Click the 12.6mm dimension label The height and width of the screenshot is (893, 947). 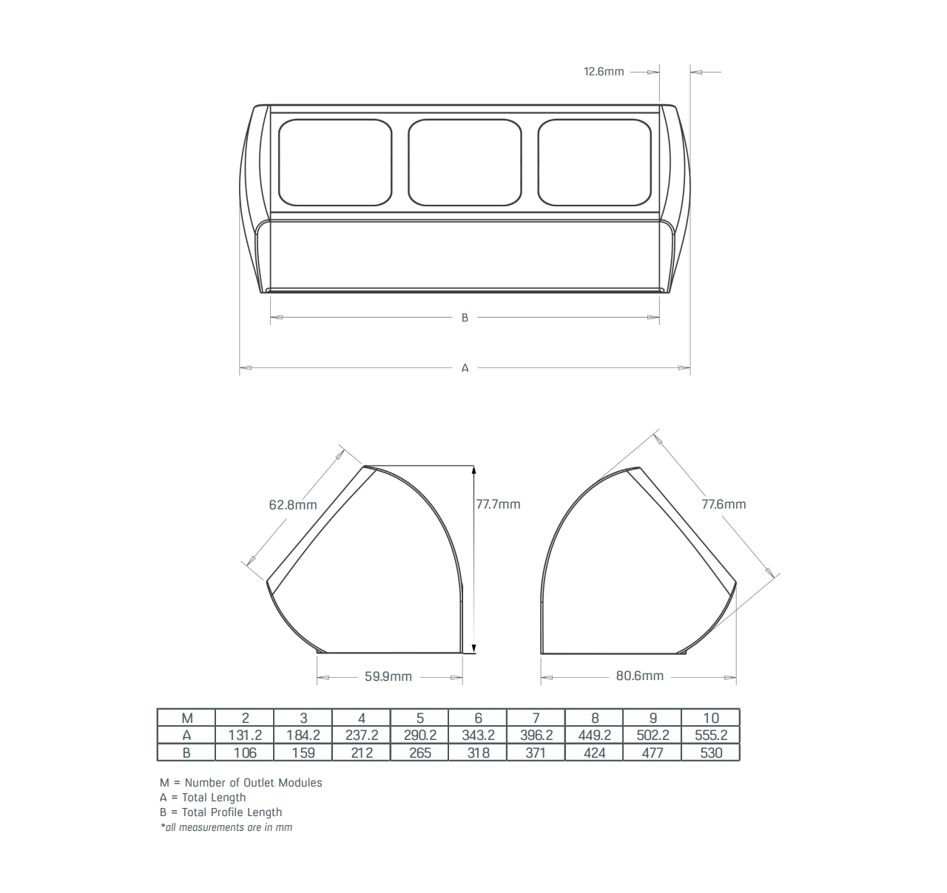tap(604, 72)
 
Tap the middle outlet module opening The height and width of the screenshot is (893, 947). tap(465, 163)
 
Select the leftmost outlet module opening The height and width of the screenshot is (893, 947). tap(335, 163)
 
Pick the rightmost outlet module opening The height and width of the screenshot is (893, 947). tap(595, 163)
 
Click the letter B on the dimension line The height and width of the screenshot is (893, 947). tap(465, 318)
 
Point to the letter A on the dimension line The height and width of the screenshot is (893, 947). tap(465, 368)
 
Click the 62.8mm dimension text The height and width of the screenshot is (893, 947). tap(293, 505)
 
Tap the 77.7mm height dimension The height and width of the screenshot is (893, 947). tap(498, 504)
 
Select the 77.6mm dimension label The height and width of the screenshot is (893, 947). tap(724, 504)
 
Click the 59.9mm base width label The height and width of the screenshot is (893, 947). tap(388, 676)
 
